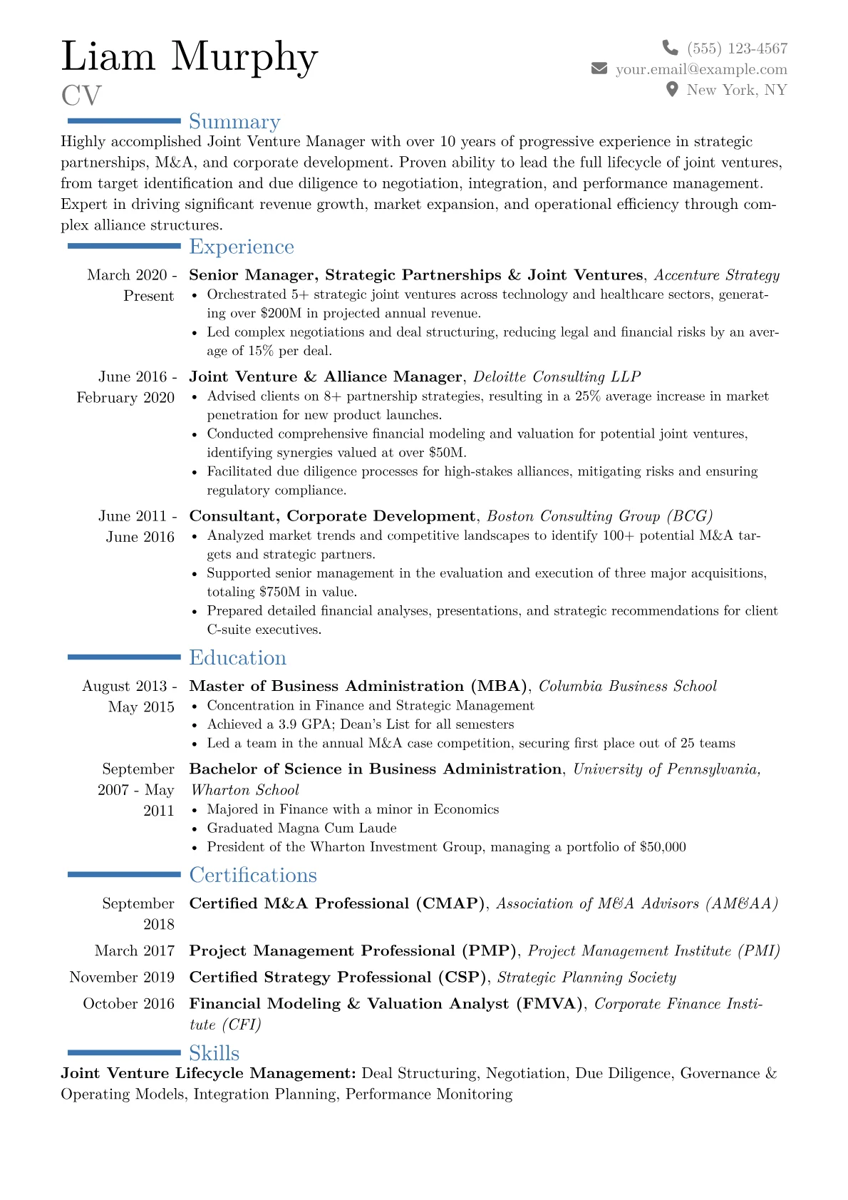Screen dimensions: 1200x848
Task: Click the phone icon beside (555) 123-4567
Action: [x=670, y=48]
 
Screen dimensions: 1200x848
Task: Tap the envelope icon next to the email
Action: [x=599, y=68]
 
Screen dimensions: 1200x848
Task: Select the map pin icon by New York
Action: [x=671, y=90]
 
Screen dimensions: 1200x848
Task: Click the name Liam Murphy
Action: [x=190, y=56]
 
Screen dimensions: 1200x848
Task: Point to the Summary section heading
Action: [x=234, y=122]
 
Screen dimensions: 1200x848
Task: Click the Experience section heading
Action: [x=242, y=247]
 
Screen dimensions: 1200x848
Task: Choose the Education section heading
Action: [x=238, y=657]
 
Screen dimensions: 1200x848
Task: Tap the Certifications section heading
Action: [x=253, y=875]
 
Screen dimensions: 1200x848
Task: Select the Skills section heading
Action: [x=214, y=1053]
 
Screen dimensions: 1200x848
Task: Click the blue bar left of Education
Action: [x=124, y=657]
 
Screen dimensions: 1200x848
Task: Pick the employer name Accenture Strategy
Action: [x=717, y=275]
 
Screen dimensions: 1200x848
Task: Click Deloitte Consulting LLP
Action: [x=557, y=377]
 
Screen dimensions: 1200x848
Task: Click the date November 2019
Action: [x=122, y=978]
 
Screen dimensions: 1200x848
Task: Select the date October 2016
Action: [x=128, y=1004]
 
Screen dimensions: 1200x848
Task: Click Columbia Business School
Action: [x=628, y=687]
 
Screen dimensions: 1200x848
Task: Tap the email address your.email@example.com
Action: [x=701, y=69]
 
